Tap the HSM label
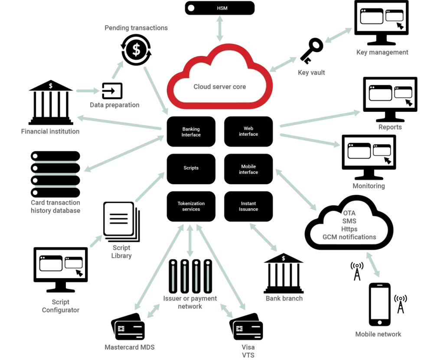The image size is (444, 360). pyautogui.click(x=222, y=8)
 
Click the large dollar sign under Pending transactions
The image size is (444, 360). pyautogui.click(x=136, y=50)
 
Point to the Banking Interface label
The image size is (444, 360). pyautogui.click(x=191, y=132)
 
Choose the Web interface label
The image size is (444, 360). pyautogui.click(x=248, y=131)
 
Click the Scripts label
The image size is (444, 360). pyautogui.click(x=191, y=168)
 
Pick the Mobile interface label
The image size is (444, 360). pyautogui.click(x=248, y=169)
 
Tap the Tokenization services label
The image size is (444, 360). pyautogui.click(x=191, y=206)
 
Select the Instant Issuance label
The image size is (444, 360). pyautogui.click(x=248, y=206)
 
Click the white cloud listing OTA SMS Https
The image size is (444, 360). pyautogui.click(x=349, y=226)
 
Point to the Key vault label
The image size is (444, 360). pyautogui.click(x=311, y=73)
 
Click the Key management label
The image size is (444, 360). pyautogui.click(x=382, y=52)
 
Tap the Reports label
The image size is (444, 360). pyautogui.click(x=390, y=127)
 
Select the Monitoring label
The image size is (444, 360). pyautogui.click(x=369, y=186)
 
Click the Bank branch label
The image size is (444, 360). pyautogui.click(x=284, y=298)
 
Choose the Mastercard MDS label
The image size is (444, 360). pyautogui.click(x=130, y=347)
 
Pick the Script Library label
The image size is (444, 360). pyautogui.click(x=121, y=252)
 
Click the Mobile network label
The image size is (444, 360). pyautogui.click(x=379, y=334)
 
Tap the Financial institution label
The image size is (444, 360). pyautogui.click(x=50, y=131)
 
